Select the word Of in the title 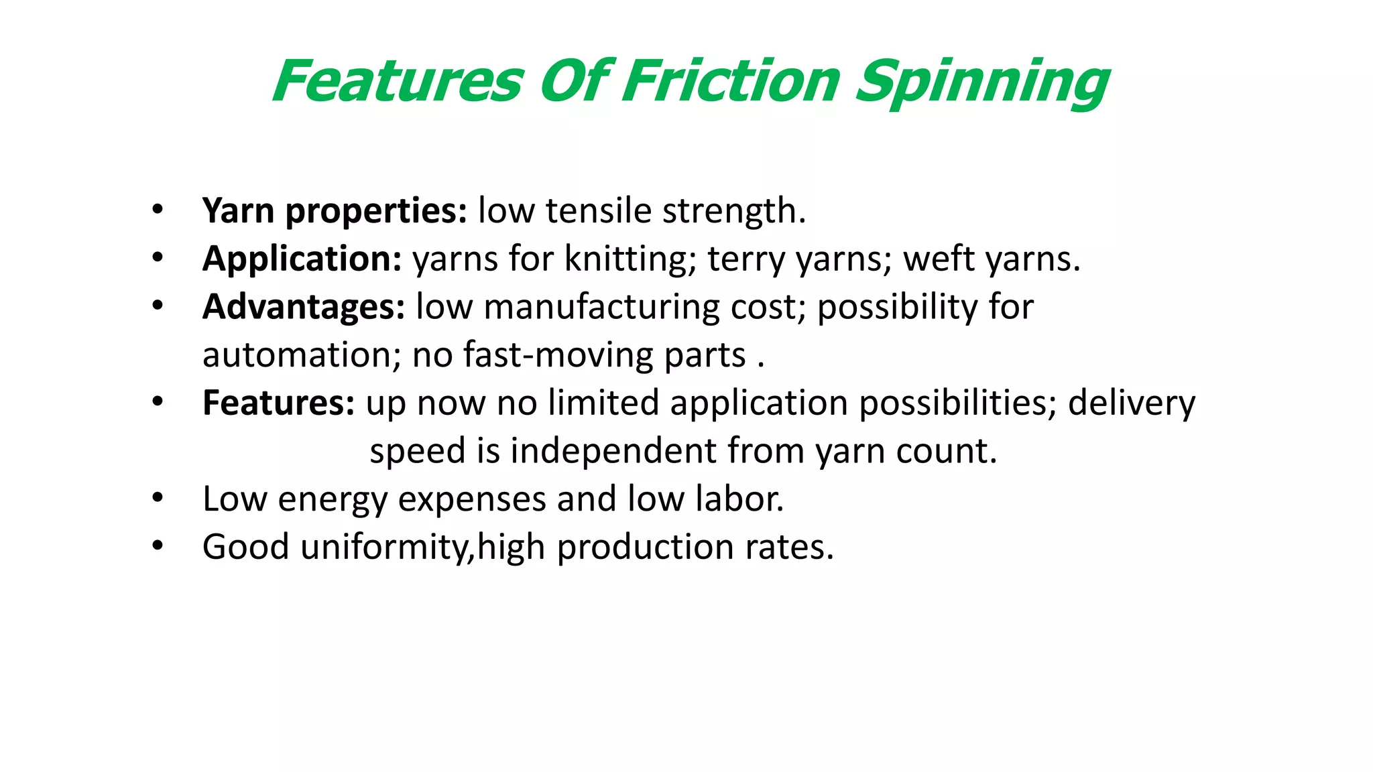click(575, 82)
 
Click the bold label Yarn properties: click(335, 211)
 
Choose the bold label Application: click(302, 259)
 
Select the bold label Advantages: click(304, 307)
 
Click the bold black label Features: click(278, 403)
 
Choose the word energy click(333, 500)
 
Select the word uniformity click(386, 547)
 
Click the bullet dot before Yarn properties click(158, 210)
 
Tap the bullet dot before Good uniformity click(158, 546)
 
